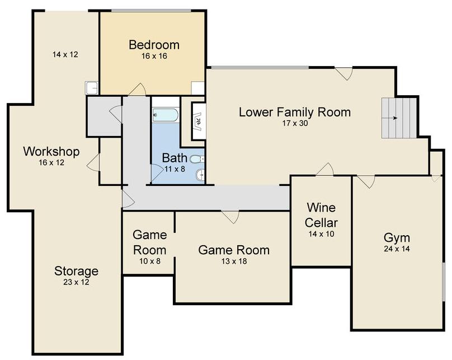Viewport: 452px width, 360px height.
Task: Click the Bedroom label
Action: pos(154,45)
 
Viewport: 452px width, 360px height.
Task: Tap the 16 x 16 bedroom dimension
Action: pos(154,56)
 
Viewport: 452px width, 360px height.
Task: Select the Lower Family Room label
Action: pos(295,112)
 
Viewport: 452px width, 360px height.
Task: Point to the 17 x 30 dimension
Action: pos(295,123)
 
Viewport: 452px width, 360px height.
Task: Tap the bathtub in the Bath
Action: pos(165,115)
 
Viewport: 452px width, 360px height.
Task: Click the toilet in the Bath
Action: pos(197,159)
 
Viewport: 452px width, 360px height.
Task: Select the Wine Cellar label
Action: pos(321,215)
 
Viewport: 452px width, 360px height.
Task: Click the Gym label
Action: pos(397,238)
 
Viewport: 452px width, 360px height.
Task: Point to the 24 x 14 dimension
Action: pos(397,249)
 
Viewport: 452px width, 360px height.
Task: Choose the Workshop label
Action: pos(51,151)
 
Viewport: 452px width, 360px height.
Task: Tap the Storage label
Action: pos(76,271)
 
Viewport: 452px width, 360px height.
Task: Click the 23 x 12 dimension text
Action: pos(76,282)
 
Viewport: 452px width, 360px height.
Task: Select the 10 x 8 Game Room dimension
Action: pos(150,261)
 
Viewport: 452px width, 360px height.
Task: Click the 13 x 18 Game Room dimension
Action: pos(234,261)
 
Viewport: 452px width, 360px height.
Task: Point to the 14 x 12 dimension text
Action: pos(65,54)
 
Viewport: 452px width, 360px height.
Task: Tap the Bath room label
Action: pos(175,158)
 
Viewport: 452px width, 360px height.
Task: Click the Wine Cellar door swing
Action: pos(325,169)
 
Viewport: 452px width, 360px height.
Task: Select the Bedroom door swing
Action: pos(137,89)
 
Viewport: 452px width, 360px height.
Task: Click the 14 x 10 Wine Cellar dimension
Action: pos(321,234)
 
